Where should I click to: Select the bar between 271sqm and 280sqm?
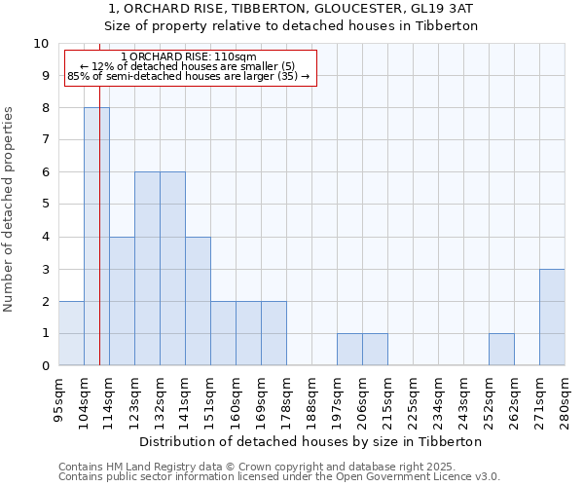(x=552, y=318)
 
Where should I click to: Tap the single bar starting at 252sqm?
(x=501, y=350)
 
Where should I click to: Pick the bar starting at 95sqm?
(x=71, y=333)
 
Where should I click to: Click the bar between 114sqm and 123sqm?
(x=122, y=301)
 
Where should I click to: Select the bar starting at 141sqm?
(x=198, y=301)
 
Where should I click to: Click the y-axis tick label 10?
(x=41, y=44)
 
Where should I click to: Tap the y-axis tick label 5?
(x=45, y=205)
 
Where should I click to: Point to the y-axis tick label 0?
(x=45, y=366)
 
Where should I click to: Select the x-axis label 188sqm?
(x=311, y=399)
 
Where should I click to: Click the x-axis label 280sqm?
(x=565, y=399)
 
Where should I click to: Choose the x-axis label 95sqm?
(x=58, y=399)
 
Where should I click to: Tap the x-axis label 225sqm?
(x=413, y=399)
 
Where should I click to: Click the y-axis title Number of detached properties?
(x=10, y=209)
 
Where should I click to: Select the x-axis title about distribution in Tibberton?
(x=311, y=441)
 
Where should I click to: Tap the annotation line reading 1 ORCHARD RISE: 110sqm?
(x=191, y=57)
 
